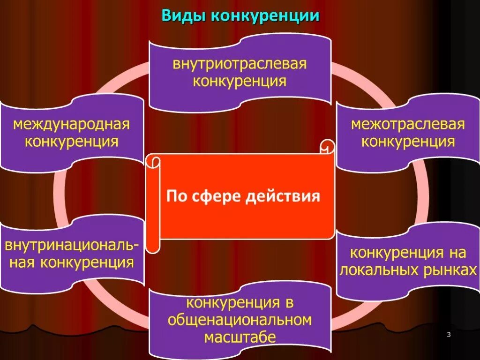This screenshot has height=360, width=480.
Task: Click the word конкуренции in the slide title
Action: click(265, 16)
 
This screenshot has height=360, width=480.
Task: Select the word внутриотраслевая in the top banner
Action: click(240, 64)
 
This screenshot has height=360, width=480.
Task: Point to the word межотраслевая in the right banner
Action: click(408, 124)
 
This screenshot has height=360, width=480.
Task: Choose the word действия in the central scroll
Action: click(283, 195)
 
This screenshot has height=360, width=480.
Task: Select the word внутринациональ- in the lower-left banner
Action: click(72, 246)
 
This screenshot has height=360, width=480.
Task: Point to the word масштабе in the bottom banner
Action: click(240, 337)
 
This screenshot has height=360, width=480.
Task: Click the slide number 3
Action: click(449, 334)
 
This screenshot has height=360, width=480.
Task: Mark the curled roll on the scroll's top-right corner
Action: click(327, 146)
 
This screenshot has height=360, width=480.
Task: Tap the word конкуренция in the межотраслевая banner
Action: click(408, 141)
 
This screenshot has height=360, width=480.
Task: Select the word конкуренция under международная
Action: click(71, 141)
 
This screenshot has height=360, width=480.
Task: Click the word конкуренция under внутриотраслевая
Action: click(240, 81)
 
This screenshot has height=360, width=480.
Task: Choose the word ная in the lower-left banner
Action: click(25, 262)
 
